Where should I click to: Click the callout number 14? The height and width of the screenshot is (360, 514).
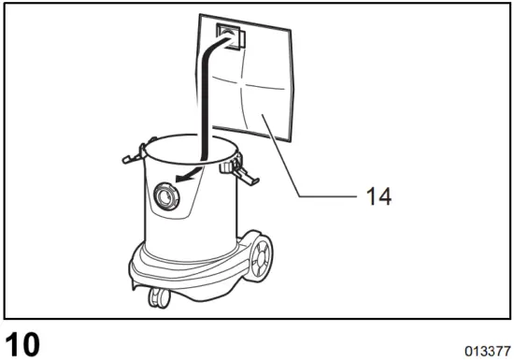pyautogui.click(x=378, y=196)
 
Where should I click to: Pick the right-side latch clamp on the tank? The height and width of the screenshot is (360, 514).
pyautogui.click(x=242, y=170)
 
